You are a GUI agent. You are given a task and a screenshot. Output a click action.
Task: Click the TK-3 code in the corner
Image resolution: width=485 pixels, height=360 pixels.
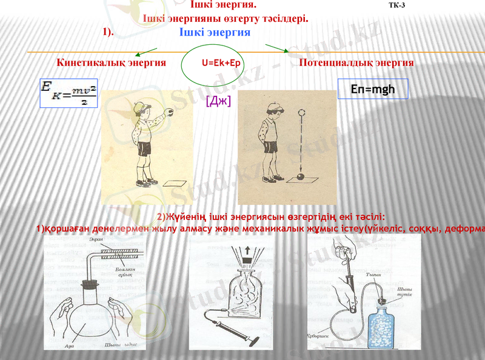(x=396, y=5)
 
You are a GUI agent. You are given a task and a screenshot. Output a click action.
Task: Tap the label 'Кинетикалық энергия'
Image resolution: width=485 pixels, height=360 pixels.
(x=111, y=62)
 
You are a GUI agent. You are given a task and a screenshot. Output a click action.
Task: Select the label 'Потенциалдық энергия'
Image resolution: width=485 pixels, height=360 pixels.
(x=356, y=62)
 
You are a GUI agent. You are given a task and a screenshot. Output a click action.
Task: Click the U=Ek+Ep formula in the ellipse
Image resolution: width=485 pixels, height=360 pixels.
(x=221, y=62)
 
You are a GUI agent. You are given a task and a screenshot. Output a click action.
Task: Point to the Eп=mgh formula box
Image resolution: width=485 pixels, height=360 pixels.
(x=373, y=89)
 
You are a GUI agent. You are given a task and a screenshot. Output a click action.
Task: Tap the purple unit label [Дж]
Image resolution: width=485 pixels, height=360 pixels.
(x=218, y=100)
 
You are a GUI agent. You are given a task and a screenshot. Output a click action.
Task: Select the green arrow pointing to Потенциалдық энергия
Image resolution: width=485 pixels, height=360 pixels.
(x=277, y=48)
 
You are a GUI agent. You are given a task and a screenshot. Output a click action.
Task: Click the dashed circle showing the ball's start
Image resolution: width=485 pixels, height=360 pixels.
(x=301, y=112)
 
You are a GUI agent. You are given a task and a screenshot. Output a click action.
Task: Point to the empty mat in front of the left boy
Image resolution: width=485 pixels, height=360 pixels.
(x=175, y=183)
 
